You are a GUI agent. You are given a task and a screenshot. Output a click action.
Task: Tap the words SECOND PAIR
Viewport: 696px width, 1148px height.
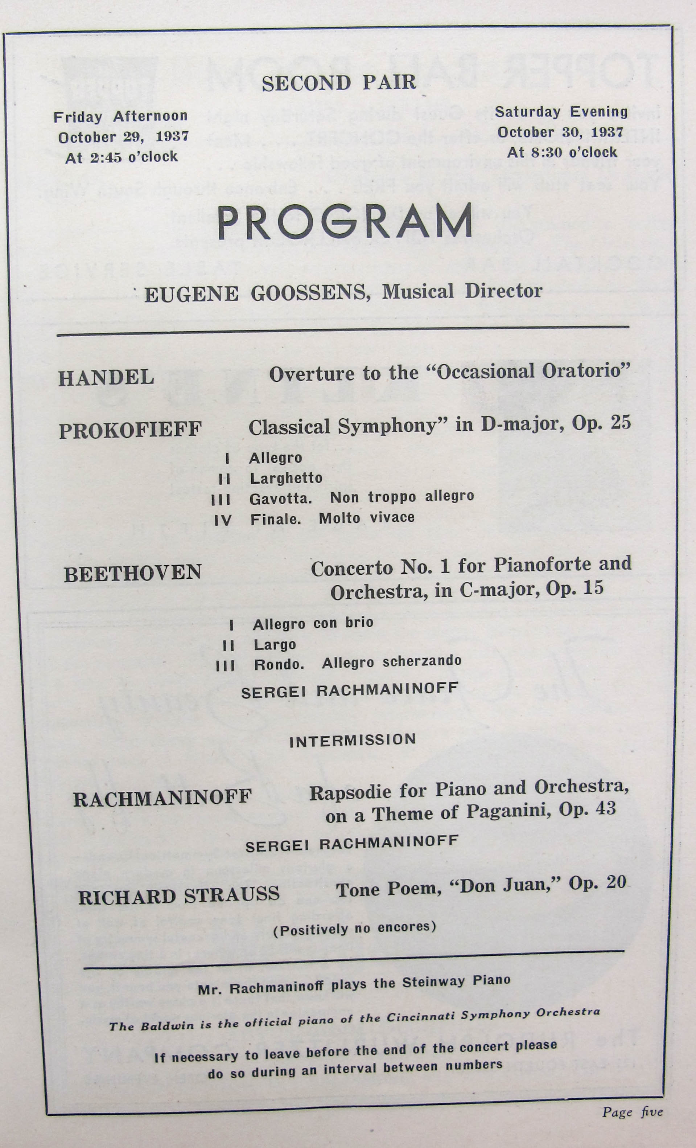(x=339, y=83)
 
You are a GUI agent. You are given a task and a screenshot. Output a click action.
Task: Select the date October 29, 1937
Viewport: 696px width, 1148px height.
(x=123, y=137)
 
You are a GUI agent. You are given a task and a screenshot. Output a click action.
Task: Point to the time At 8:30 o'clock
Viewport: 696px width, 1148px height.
(x=562, y=152)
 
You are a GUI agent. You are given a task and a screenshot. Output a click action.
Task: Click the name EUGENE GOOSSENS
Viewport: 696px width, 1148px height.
(x=257, y=294)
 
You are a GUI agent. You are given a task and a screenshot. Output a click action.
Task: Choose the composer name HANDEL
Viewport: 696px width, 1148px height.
(x=106, y=378)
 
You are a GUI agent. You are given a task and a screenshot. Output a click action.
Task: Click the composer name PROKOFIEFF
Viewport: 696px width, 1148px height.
(x=131, y=430)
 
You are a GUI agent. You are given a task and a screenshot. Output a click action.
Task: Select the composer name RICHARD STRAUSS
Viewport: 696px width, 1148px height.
(x=179, y=896)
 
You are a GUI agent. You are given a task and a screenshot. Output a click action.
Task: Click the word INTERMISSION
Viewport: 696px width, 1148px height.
(x=353, y=740)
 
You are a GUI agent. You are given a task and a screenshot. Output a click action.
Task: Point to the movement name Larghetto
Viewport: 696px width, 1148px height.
(x=286, y=479)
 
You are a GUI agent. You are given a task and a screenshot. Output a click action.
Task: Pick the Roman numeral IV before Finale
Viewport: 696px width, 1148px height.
(x=223, y=520)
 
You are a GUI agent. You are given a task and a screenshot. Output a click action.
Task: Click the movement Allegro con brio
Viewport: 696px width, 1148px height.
(x=313, y=623)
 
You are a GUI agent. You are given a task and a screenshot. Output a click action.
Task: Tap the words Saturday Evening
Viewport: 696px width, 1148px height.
(x=561, y=112)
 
